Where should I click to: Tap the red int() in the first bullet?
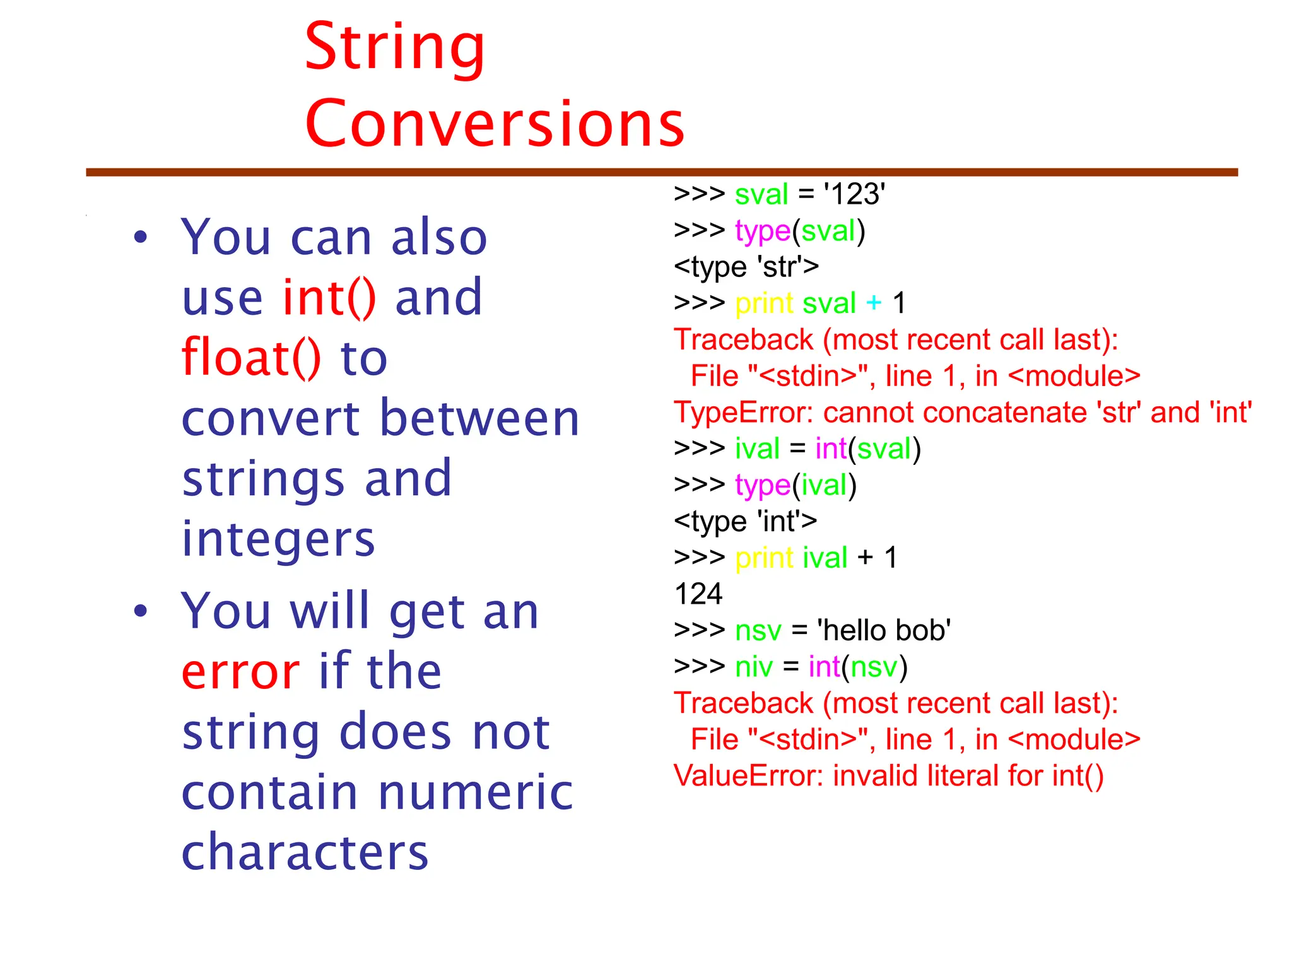(x=329, y=297)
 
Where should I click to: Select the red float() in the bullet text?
(x=251, y=358)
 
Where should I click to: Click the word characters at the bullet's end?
(x=305, y=852)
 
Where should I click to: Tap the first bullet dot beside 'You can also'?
(x=140, y=238)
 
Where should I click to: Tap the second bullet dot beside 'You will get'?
(x=140, y=611)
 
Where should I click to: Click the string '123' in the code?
(x=854, y=194)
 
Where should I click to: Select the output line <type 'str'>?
(x=746, y=267)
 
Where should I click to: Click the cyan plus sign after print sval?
(x=874, y=303)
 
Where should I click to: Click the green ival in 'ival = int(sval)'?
(x=757, y=449)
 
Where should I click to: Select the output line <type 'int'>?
(x=745, y=522)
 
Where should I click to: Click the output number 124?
(x=698, y=594)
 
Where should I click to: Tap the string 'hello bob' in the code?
(x=883, y=631)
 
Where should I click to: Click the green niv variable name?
(x=753, y=667)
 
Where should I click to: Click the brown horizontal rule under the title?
(x=661, y=172)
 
